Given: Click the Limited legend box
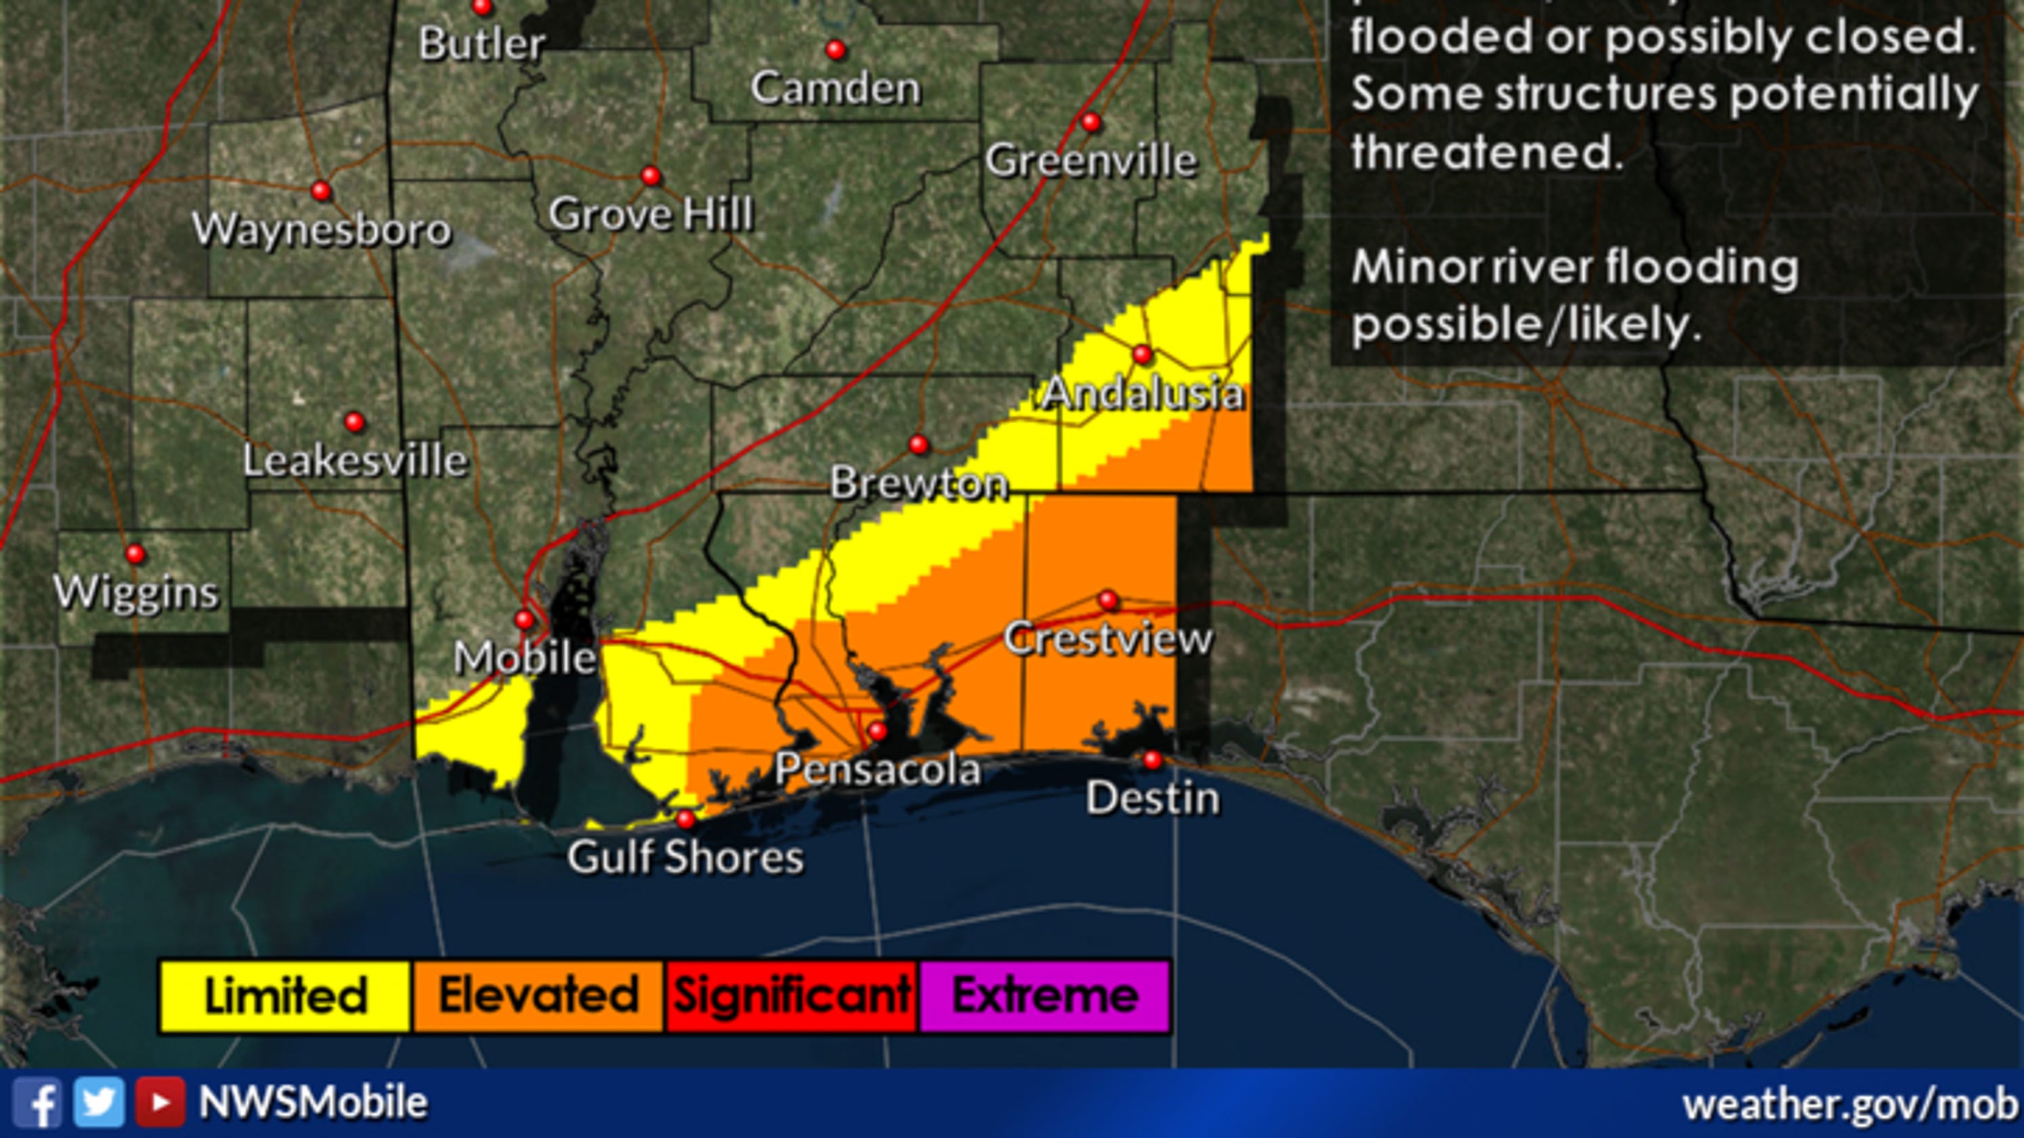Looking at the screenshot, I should [284, 995].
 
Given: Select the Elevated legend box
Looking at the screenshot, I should [538, 995].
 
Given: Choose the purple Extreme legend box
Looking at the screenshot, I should [1045, 995].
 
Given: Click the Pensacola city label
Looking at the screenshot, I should [878, 769].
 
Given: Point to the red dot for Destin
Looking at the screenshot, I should [1152, 759].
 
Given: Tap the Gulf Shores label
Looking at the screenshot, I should [685, 857].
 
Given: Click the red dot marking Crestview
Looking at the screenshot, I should [1108, 600].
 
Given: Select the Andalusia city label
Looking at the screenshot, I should [1142, 393].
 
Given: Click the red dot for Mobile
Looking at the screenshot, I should [524, 619].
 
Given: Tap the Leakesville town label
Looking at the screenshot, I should [355, 460].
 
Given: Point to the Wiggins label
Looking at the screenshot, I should [136, 592].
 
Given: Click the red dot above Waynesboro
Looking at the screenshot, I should [320, 190].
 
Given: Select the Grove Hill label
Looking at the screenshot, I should [651, 214].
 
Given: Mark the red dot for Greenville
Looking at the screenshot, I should [1091, 122].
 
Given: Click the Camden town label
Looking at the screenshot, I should [835, 87].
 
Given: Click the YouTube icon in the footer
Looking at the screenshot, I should [160, 1103].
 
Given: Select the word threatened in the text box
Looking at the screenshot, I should [1486, 151].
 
